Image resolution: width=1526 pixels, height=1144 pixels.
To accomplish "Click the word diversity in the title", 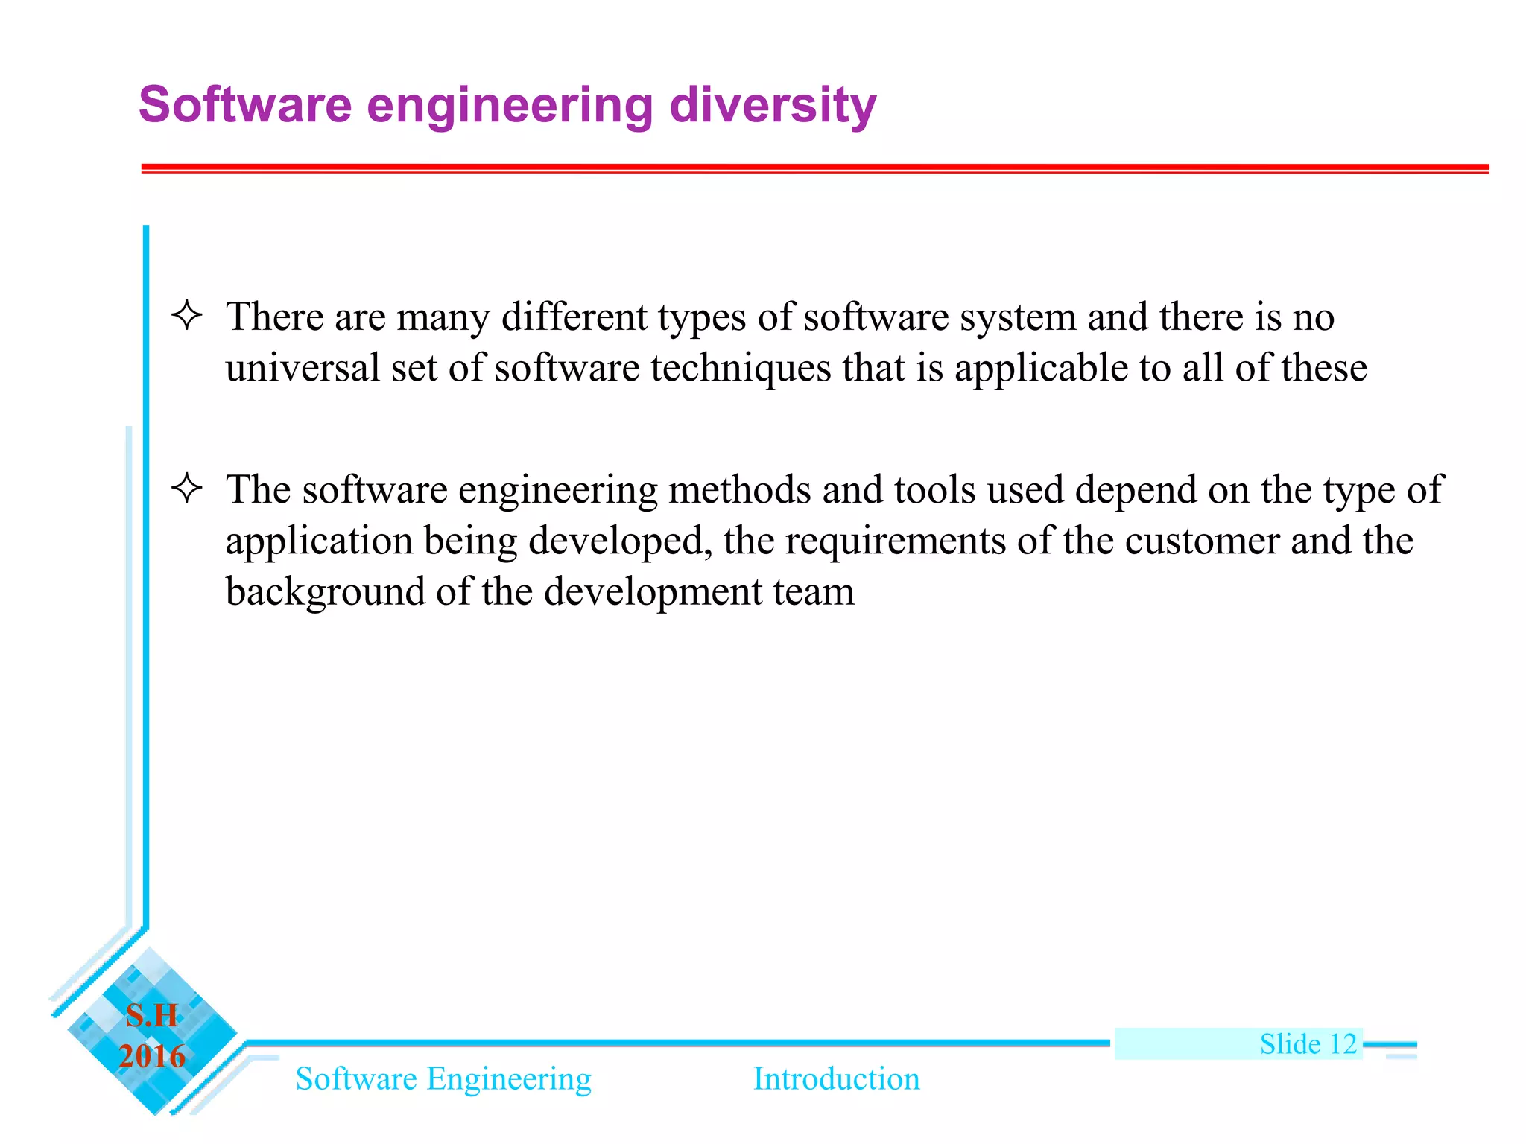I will [x=772, y=105].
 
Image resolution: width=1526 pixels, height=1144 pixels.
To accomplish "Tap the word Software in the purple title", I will [x=244, y=105].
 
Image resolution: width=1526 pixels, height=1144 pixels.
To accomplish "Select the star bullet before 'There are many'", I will [x=186, y=315].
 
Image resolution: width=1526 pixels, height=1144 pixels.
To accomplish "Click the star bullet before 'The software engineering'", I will [x=186, y=489].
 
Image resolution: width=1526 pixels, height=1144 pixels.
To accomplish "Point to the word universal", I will [x=302, y=368].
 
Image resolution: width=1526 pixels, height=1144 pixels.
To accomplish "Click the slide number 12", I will [x=1343, y=1044].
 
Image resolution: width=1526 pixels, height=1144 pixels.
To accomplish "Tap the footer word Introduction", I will [x=836, y=1079].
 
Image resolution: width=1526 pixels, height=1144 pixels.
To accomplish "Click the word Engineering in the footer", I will [x=509, y=1079].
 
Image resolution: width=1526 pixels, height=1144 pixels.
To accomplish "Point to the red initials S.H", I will [x=152, y=1016].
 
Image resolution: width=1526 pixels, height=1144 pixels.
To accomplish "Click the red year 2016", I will [x=152, y=1056].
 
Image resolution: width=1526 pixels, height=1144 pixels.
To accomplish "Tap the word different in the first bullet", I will [x=574, y=317].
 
